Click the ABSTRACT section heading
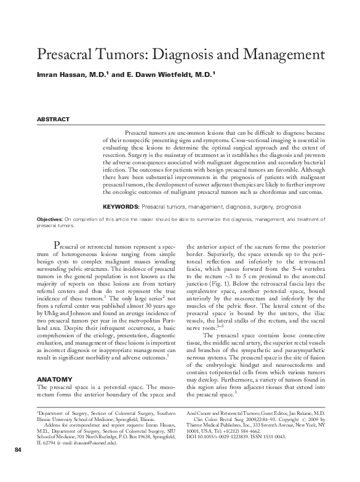[x=54, y=119]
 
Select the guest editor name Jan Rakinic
[x=311, y=412]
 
